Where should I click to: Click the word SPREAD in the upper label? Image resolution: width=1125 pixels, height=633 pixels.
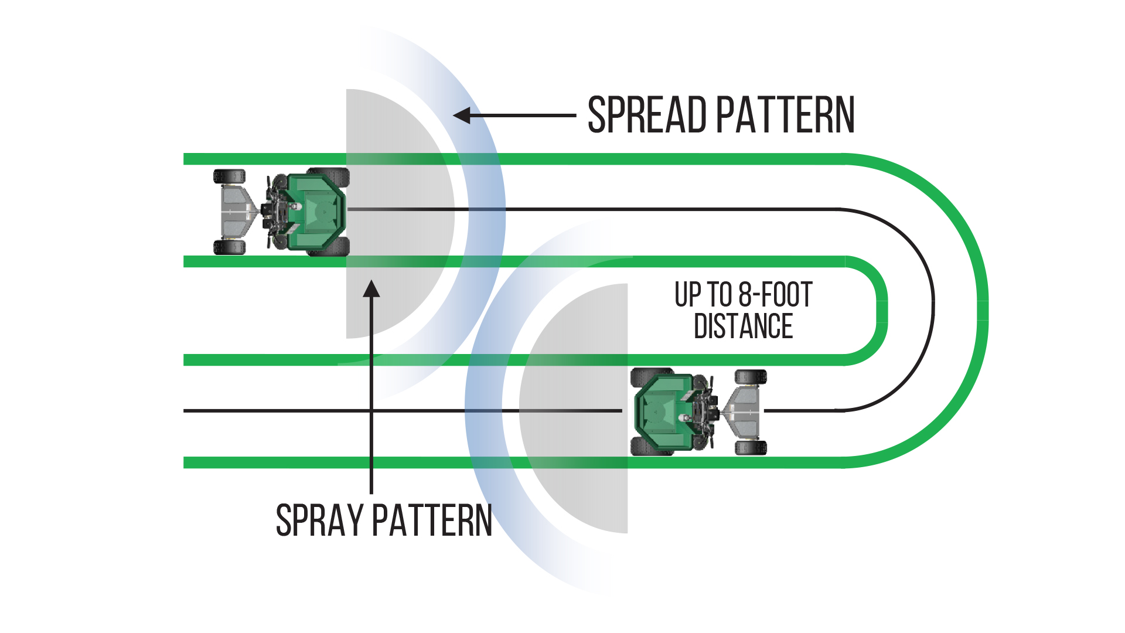tap(647, 115)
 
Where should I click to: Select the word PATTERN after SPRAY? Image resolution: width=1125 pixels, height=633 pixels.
tap(432, 520)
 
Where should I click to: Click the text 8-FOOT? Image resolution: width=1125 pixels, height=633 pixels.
tap(775, 295)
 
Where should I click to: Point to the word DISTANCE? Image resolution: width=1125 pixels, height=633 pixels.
tap(743, 326)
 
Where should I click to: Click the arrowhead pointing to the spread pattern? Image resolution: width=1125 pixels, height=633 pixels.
tap(462, 115)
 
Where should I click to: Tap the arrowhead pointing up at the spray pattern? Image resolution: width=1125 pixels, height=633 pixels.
tap(371, 289)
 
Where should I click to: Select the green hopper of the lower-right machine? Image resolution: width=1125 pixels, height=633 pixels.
tap(661, 411)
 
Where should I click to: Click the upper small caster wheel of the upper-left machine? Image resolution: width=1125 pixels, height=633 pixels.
tap(229, 176)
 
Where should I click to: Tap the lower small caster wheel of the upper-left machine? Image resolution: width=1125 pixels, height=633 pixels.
tap(229, 247)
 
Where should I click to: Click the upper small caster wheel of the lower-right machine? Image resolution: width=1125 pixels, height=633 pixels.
tap(751, 377)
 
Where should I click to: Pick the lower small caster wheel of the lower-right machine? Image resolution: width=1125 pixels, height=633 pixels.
tap(751, 448)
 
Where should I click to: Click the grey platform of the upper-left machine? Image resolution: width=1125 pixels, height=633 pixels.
tap(237, 211)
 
